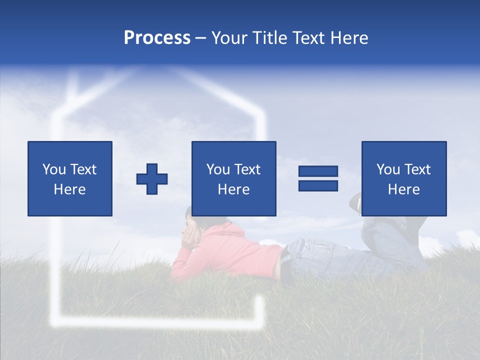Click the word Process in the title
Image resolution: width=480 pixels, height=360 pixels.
pyautogui.click(x=157, y=38)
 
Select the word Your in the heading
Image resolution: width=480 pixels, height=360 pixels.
pyautogui.click(x=230, y=38)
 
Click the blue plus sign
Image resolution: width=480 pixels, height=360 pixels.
pyautogui.click(x=152, y=179)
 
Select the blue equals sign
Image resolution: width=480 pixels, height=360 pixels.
pyautogui.click(x=318, y=179)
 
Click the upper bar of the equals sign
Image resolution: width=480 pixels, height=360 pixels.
pyautogui.click(x=318, y=171)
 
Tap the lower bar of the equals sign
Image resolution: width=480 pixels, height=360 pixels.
pyautogui.click(x=318, y=186)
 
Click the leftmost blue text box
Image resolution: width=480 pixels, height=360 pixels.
pyautogui.click(x=70, y=178)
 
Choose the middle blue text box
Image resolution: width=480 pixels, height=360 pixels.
pyautogui.click(x=234, y=178)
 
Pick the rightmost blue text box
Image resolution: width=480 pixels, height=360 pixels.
pyautogui.click(x=404, y=178)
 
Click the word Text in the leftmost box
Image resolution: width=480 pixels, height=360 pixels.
pyautogui.click(x=83, y=169)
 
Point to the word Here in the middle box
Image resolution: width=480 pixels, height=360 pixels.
pyautogui.click(x=234, y=189)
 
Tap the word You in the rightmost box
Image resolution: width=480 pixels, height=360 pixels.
pyautogui.click(x=388, y=169)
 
